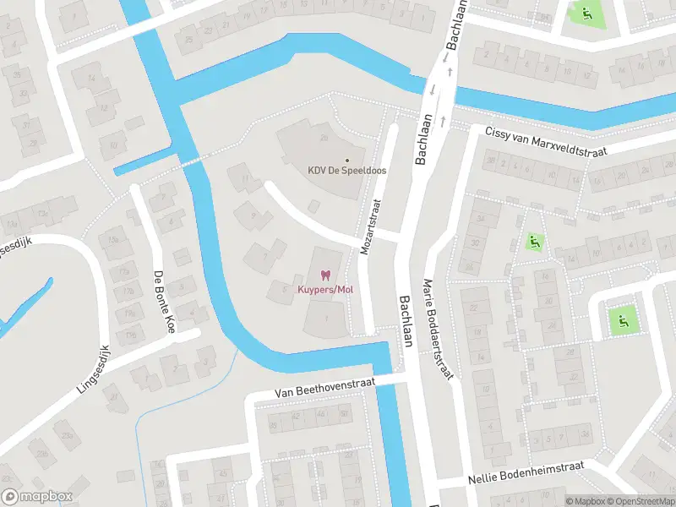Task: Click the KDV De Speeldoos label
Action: [x=346, y=170]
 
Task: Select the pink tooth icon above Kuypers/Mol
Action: [x=324, y=275]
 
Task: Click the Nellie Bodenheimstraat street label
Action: [x=538, y=479]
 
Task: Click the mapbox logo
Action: [x=37, y=497]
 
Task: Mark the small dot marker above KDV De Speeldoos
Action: [x=346, y=159]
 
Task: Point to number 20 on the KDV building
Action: [x=324, y=139]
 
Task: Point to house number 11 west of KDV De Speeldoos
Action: [x=246, y=178]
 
